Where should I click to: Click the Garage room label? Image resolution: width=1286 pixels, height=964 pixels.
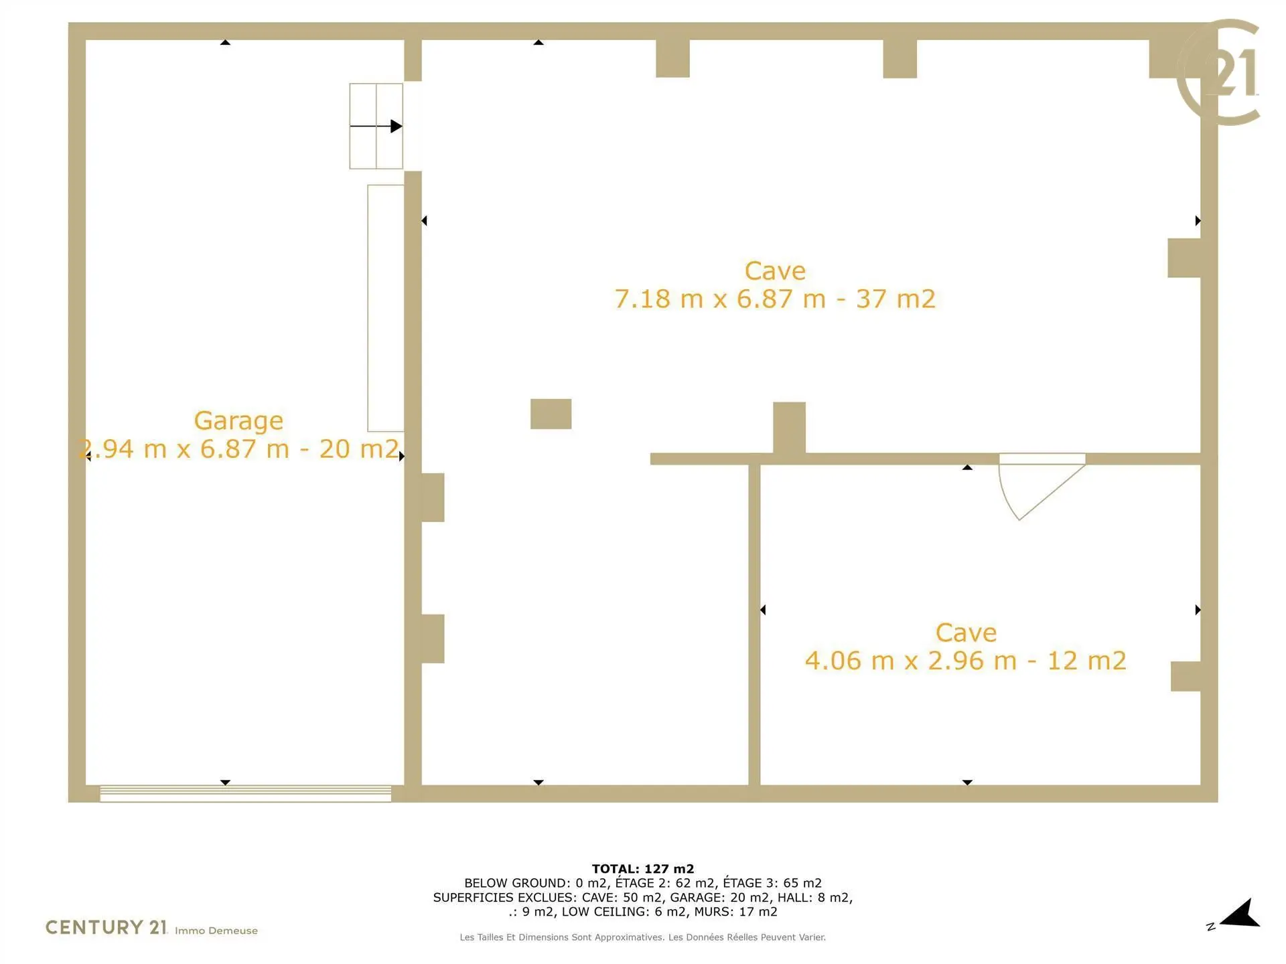click(x=238, y=421)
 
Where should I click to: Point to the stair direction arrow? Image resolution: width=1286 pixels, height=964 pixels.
click(x=376, y=126)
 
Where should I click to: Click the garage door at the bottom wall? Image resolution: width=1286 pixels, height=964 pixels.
click(x=245, y=793)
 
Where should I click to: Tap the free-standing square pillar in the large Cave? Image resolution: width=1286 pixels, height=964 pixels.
click(x=551, y=414)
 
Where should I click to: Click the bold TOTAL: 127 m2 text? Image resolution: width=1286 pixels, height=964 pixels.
click(x=643, y=869)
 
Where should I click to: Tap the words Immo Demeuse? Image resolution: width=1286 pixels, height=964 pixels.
click(x=216, y=931)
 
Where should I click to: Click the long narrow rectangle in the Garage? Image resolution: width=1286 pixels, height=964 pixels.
click(x=386, y=308)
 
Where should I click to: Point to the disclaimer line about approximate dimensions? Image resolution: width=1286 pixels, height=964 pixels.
click(x=643, y=937)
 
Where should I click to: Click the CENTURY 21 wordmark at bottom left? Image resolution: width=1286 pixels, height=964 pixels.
click(x=106, y=927)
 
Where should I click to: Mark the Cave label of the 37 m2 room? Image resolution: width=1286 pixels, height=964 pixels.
click(x=775, y=271)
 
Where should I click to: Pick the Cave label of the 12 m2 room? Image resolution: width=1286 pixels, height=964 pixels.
click(x=966, y=633)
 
